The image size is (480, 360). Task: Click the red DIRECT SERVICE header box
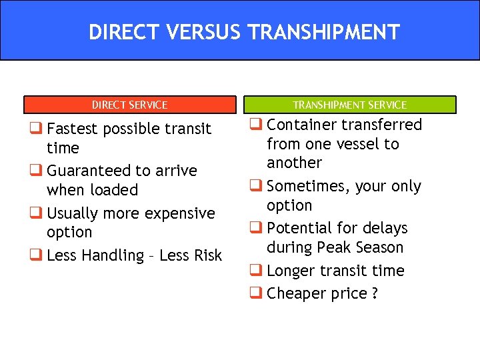[130, 105]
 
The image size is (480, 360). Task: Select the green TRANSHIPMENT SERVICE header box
[350, 105]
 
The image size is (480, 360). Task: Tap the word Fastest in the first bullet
[73, 128]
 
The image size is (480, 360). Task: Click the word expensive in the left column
[181, 213]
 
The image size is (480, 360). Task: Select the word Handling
[109, 255]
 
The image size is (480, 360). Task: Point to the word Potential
[299, 228]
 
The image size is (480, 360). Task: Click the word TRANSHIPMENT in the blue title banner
[319, 32]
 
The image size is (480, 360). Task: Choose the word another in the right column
[294, 163]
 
